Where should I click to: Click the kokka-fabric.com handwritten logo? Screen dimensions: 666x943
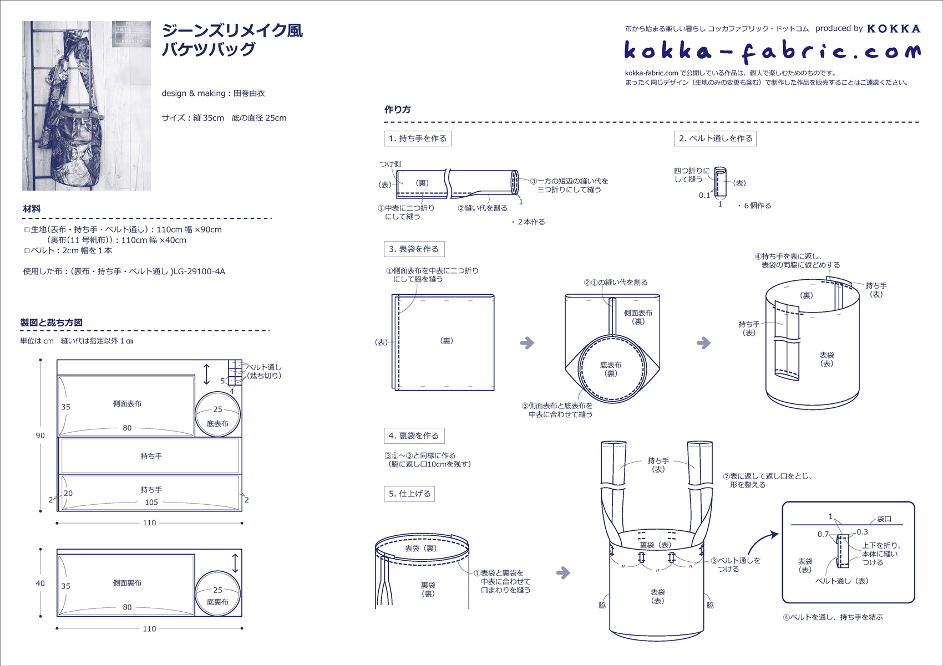[x=772, y=52]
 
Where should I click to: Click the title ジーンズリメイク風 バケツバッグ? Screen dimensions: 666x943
[x=232, y=40]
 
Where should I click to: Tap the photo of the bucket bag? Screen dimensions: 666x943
[x=87, y=106]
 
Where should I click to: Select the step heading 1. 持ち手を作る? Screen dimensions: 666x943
[x=417, y=139]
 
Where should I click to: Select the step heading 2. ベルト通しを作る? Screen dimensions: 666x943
[x=715, y=139]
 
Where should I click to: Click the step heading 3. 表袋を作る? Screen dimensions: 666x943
[x=414, y=249]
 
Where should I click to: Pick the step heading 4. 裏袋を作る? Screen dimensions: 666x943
[x=414, y=436]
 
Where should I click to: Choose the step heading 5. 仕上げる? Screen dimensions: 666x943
[x=409, y=494]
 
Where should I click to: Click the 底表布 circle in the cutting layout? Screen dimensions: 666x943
[x=218, y=414]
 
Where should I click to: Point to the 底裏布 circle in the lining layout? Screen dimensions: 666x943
[x=218, y=593]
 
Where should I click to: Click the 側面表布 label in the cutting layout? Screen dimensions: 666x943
[x=127, y=404]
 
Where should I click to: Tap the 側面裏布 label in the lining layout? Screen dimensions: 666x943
[x=127, y=583]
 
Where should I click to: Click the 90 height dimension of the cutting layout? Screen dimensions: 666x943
[x=40, y=436]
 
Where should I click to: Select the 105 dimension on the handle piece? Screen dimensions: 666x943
[x=151, y=503]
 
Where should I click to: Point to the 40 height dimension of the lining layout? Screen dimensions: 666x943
[x=40, y=583]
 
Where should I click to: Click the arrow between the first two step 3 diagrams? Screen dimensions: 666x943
[x=527, y=343]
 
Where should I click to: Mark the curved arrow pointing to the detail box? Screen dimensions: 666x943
[x=760, y=543]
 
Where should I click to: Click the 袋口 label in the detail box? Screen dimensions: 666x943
[x=884, y=519]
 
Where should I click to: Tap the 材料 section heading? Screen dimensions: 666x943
[x=32, y=209]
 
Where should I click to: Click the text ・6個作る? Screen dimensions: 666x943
[x=754, y=206]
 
